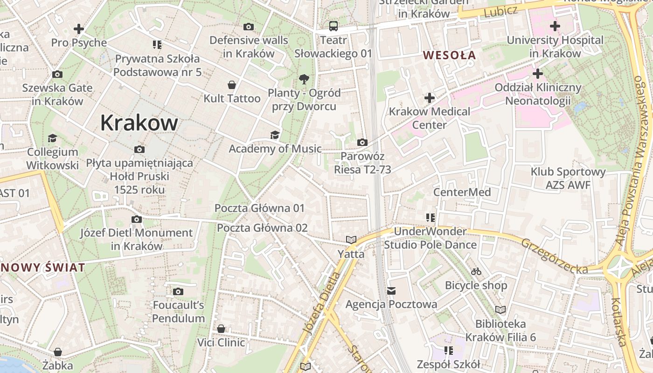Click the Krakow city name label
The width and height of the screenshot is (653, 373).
(139, 123)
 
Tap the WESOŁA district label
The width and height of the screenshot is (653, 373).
(449, 55)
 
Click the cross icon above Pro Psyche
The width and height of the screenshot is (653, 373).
(79, 29)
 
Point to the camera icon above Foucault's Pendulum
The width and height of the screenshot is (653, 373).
(178, 292)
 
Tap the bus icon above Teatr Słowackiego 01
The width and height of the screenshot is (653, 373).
(333, 26)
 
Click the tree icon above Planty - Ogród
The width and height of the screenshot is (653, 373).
(304, 79)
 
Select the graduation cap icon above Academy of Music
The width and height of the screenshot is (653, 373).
(275, 135)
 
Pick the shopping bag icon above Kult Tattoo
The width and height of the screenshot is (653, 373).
(232, 85)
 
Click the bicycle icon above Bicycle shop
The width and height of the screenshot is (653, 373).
(476, 271)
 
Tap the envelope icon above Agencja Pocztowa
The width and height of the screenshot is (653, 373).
(391, 291)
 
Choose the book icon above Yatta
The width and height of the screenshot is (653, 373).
(351, 240)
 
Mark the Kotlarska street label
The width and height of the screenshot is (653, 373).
(619, 322)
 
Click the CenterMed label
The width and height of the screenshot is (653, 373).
(462, 192)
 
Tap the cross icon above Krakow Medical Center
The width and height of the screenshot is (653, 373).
(430, 98)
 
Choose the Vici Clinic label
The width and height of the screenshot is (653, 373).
(221, 343)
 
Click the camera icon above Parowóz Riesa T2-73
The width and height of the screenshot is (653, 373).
(362, 143)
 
